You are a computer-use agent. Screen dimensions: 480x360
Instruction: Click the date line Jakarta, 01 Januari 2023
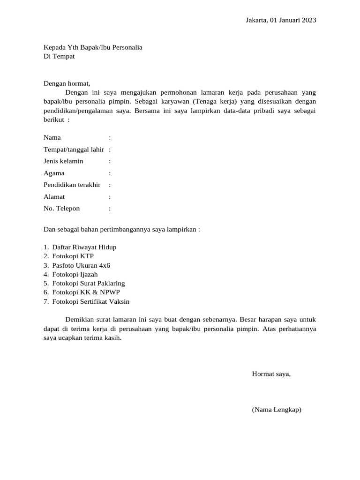coord(281,20)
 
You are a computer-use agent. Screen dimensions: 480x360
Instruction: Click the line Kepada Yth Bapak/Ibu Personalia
coord(93,47)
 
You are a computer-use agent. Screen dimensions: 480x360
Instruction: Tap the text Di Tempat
coord(59,57)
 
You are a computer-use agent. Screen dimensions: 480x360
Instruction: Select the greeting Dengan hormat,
coord(67,83)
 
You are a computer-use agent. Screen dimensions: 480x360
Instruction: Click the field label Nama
coord(52,138)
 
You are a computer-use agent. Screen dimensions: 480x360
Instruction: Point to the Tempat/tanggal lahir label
coord(74,150)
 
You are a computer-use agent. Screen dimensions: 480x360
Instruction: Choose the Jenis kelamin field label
coord(63,161)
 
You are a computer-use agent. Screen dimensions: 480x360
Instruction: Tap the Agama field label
coord(54,173)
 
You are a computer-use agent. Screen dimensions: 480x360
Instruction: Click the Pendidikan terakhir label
coord(72,185)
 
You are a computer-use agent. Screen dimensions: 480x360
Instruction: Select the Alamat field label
coord(54,197)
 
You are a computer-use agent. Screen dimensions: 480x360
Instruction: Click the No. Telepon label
coord(62,209)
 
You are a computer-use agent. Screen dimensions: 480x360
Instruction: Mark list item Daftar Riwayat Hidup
coord(84,247)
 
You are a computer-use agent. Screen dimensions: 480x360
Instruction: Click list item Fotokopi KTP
coord(73,256)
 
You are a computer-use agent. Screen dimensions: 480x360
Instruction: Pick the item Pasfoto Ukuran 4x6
coord(82,265)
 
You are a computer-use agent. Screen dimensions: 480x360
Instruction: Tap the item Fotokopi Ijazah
coord(75,274)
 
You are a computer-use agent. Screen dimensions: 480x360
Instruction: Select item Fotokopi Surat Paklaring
coord(89,284)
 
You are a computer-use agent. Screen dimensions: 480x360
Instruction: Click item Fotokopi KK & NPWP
coord(82,292)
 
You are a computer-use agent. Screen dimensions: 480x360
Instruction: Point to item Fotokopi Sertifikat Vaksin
coord(91,302)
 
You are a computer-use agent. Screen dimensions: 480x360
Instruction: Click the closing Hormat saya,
coord(271,374)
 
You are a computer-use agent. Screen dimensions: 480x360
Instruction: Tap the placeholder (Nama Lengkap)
coord(277,410)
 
